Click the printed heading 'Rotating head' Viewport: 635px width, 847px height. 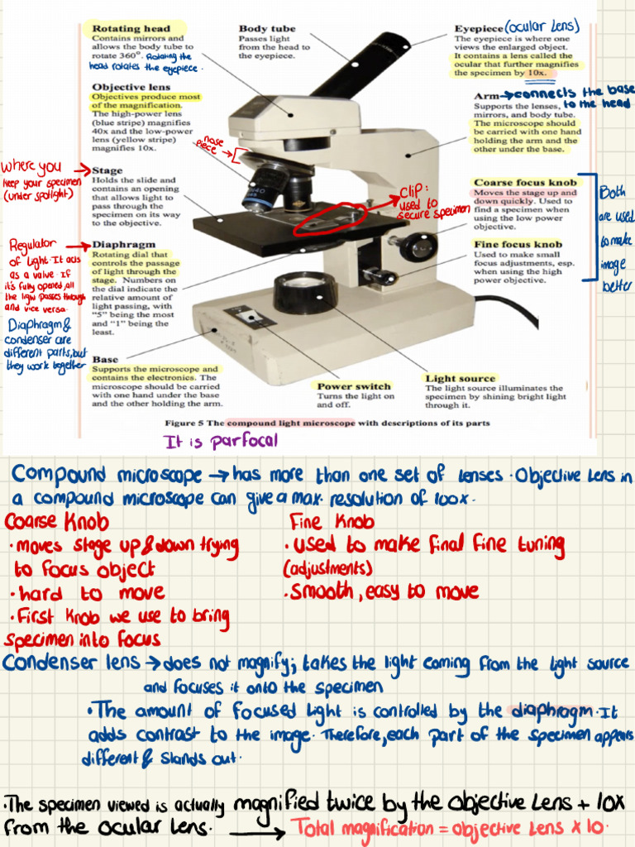pos(131,29)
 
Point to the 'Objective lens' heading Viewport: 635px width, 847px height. pos(131,87)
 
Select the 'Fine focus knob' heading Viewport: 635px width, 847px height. pos(518,244)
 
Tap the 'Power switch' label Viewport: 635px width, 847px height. pos(354,386)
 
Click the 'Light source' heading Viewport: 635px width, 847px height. pos(461,378)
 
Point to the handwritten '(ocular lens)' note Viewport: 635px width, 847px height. pos(542,26)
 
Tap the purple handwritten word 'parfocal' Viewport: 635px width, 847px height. pos(245,441)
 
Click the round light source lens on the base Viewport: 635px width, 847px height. pos(304,291)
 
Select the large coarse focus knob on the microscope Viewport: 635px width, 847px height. pos(413,246)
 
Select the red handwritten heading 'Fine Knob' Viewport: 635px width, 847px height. pos(332,522)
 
